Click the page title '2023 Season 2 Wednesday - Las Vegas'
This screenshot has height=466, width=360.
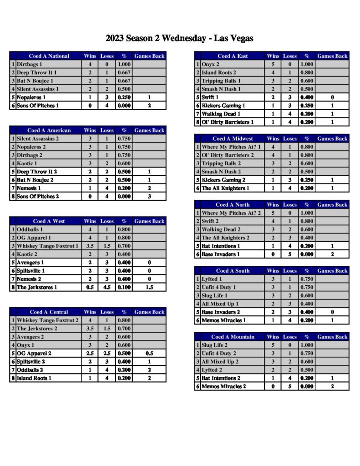point(179,38)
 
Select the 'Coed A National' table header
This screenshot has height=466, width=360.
point(49,56)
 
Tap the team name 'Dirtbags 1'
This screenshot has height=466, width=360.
point(30,65)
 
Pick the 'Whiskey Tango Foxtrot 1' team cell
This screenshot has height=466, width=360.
point(47,246)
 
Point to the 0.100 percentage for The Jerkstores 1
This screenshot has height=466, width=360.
point(124,287)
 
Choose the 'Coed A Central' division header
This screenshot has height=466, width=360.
point(49,312)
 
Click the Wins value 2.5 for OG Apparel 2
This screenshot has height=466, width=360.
point(90,353)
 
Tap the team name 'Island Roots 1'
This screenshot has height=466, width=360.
point(34,378)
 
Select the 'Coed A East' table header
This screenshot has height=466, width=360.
point(233,56)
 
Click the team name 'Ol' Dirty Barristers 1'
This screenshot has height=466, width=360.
point(228,122)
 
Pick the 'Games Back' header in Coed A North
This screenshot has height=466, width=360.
point(332,205)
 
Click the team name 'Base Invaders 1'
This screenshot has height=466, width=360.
point(221,254)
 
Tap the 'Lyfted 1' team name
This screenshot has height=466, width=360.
point(212,279)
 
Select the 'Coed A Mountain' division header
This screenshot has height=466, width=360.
point(233,337)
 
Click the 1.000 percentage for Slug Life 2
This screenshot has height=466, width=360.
point(307,345)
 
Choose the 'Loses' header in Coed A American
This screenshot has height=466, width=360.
point(107,131)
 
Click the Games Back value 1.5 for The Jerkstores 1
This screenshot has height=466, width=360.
point(149,287)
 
